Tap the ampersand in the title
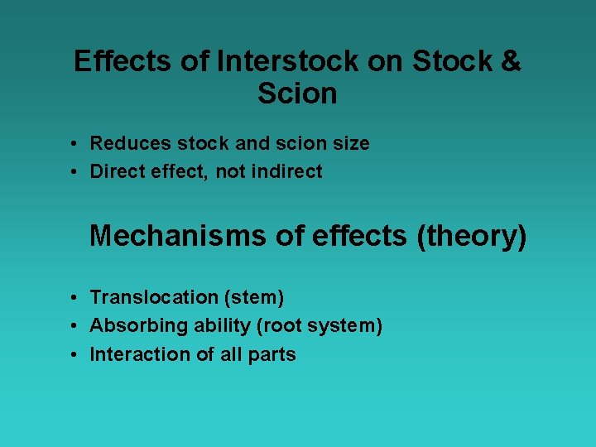[x=510, y=62]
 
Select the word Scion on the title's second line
[x=297, y=94]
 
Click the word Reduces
[x=125, y=143]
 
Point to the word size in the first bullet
[x=350, y=143]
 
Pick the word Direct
[x=113, y=172]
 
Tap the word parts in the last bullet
[x=275, y=354]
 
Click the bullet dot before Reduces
[x=74, y=144]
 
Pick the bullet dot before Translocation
[x=74, y=297]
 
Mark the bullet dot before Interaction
[x=74, y=355]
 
